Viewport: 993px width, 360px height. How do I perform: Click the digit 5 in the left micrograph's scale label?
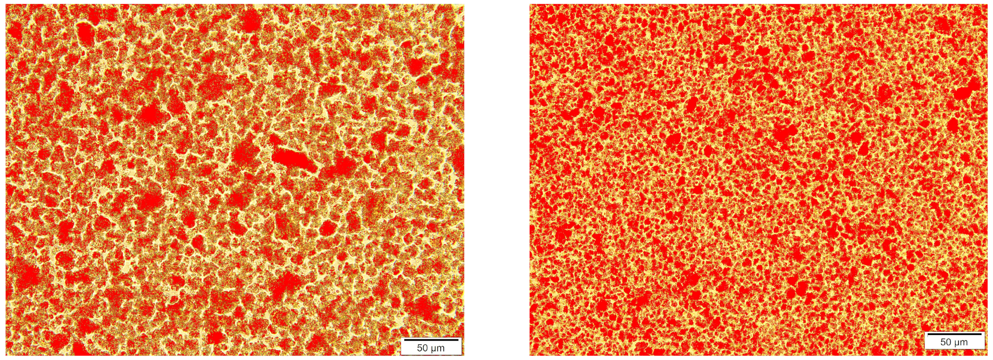[419, 348]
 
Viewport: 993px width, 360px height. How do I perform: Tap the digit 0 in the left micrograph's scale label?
[425, 348]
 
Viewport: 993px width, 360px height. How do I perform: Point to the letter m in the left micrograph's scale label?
[440, 348]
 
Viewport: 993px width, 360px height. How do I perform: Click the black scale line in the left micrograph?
[431, 340]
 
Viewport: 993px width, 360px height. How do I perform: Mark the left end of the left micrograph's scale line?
[404, 340]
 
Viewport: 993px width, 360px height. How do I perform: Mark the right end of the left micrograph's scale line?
[458, 340]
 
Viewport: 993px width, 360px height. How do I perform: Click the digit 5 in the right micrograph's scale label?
[943, 342]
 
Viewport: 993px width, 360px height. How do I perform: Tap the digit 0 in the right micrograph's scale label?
[948, 342]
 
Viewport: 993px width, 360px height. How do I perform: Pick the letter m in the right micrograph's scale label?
[964, 343]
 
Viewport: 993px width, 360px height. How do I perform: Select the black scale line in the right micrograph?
[954, 334]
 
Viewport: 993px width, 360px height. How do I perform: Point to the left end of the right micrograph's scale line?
[927, 334]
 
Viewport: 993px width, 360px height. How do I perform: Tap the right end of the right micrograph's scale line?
[981, 334]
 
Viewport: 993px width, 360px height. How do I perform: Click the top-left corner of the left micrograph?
[6, 4]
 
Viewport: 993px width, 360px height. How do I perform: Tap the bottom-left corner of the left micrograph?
[6, 355]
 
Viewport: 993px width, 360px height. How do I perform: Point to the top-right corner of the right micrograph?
[987, 4]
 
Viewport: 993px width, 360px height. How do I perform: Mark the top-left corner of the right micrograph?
[529, 4]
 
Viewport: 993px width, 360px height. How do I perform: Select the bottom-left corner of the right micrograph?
[529, 355]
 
